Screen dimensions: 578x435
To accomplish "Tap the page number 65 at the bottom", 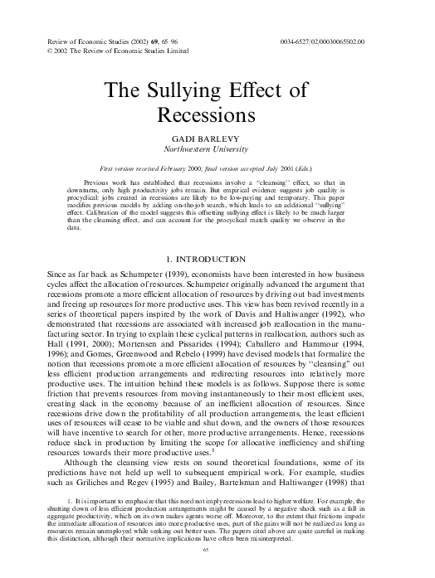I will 217,548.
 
